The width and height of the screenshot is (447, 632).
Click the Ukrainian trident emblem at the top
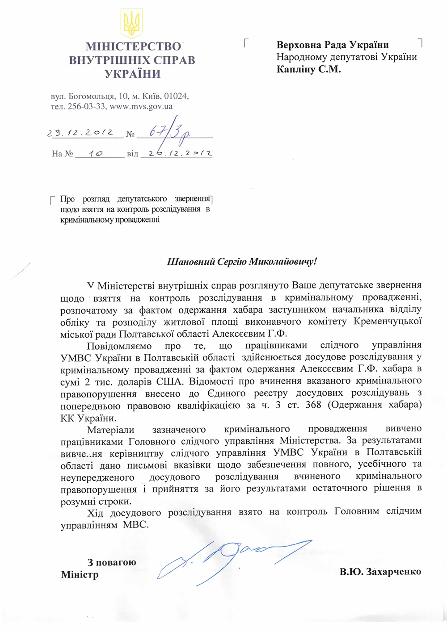pos(131,24)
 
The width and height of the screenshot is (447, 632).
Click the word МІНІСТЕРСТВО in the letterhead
pos(133,46)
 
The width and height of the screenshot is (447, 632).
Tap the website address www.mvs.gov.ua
pos(141,107)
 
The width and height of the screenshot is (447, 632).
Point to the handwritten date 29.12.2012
pos(80,133)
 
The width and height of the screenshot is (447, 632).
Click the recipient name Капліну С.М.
pos(308,69)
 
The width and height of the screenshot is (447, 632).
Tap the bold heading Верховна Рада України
pos(333,45)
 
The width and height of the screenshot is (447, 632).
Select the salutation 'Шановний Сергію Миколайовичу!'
pos(242,262)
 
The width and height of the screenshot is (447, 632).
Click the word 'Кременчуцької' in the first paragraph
pos(388,321)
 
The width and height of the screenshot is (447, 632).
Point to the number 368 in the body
pos(313,405)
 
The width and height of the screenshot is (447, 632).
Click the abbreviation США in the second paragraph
pos(169,381)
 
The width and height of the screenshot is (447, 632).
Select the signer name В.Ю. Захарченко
pos(380,572)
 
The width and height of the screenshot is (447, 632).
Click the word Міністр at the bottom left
pos(80,574)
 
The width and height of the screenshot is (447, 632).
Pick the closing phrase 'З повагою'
pos(112,562)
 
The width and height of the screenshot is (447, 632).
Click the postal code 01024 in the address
pos(176,96)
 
